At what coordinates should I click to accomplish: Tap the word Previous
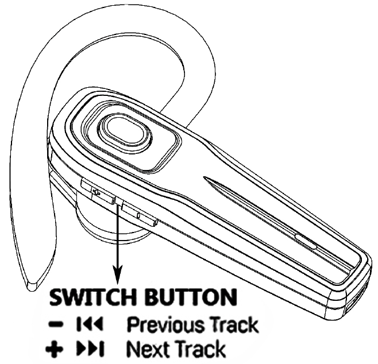coord(160,324)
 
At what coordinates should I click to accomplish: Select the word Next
coord(143,348)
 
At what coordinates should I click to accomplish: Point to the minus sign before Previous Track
coord(56,325)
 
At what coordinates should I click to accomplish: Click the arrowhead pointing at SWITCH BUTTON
coord(118,278)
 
